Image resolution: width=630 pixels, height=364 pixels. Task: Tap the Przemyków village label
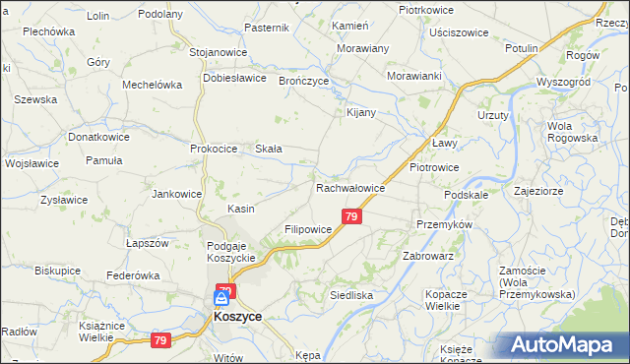coord(445,224)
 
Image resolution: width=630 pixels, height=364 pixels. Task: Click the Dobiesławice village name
coord(237,78)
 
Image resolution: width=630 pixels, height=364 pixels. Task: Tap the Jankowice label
coord(176,195)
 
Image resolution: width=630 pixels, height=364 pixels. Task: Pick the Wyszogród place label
coord(562,82)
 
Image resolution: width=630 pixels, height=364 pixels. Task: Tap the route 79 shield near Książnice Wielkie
coord(160,340)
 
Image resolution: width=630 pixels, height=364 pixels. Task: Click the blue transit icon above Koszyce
coord(222,297)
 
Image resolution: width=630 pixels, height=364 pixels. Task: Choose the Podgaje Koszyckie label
coord(231,252)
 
